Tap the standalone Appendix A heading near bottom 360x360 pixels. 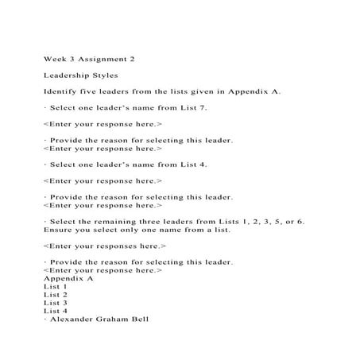pos(68,279)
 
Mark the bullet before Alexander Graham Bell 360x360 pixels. pos(45,319)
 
